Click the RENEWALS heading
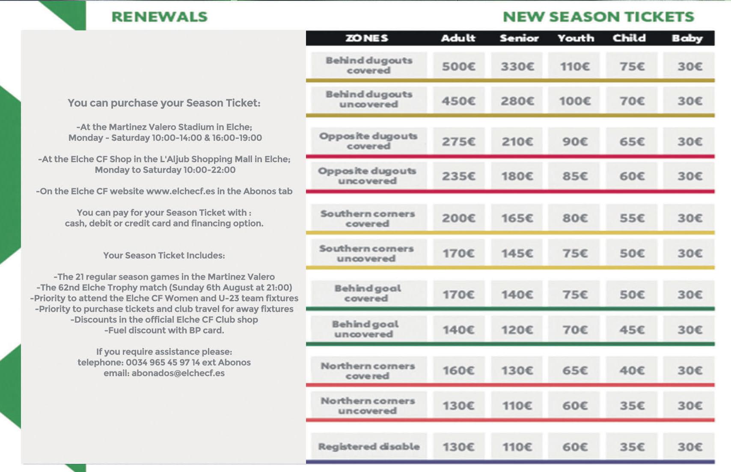pos(159,17)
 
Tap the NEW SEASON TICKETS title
pos(598,17)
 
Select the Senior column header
pos(519,38)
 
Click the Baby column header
pos(687,38)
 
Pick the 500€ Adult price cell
pos(458,66)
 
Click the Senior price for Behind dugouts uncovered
pos(517,101)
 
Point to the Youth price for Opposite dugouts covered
pos(575,141)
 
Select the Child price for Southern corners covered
pos(632,218)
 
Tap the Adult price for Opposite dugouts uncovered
pos(458,176)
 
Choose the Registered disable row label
pos(368,447)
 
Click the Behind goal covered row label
pos(368,293)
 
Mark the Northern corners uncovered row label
pos(368,406)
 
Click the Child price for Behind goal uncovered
pos(632,330)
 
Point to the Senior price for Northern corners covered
pos(517,370)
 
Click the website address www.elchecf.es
pos(180,191)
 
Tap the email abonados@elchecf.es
pos(178,373)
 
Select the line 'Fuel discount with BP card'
pos(164,330)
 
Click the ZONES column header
pos(367,38)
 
